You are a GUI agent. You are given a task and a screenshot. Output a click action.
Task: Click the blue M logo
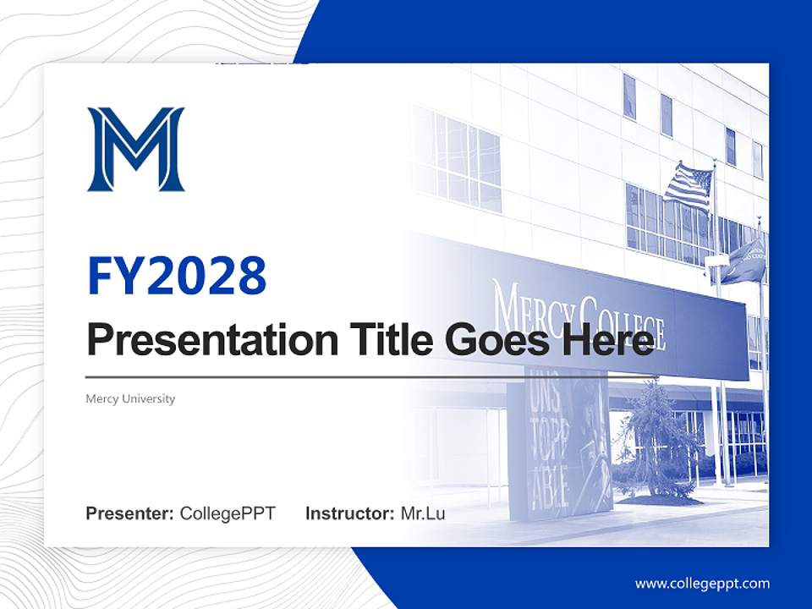[135, 149]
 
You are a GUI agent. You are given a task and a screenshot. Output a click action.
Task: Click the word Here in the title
[605, 340]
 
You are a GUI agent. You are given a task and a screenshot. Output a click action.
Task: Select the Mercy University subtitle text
[130, 398]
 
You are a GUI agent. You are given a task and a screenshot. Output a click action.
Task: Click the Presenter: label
[130, 513]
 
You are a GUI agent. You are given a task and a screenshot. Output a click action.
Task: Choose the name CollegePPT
[228, 513]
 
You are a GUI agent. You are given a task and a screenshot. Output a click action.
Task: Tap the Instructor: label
[349, 513]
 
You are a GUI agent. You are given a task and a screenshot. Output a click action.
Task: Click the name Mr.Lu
[423, 513]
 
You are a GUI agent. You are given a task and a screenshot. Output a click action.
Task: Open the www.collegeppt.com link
[702, 584]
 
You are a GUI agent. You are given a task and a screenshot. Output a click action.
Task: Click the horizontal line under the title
[372, 376]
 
